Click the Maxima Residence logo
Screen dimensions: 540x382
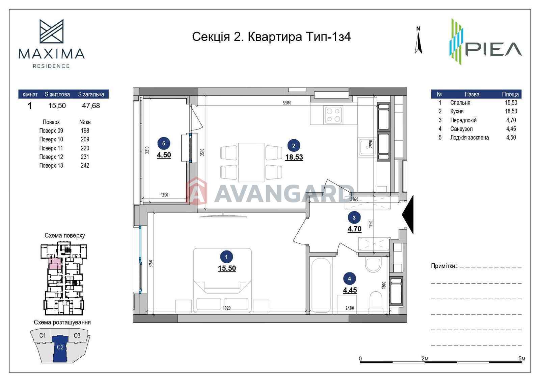[x=51, y=44]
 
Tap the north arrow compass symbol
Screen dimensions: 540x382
[x=418, y=40]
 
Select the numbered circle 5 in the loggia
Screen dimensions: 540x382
[x=164, y=143]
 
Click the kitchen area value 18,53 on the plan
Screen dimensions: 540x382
[x=294, y=157]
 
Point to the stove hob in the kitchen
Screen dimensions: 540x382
[x=333, y=115]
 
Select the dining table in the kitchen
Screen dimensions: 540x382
[x=251, y=162]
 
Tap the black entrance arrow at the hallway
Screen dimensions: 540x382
[x=408, y=214]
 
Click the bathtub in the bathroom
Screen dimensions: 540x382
[x=321, y=286]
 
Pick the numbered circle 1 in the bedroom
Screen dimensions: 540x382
[x=226, y=257]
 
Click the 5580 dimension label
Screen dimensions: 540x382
[x=287, y=103]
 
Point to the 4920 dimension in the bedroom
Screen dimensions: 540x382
[x=226, y=308]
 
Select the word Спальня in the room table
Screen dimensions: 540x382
[x=460, y=103]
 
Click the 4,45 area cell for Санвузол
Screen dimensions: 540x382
[x=511, y=129]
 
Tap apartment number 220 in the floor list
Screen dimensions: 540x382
[x=85, y=148]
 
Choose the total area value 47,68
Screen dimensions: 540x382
[x=91, y=105]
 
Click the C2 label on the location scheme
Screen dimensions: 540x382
[x=60, y=347]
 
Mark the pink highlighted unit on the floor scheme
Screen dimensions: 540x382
[x=55, y=263]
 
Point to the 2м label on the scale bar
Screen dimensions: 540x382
[x=425, y=358]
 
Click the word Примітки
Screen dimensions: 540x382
[x=443, y=266]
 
